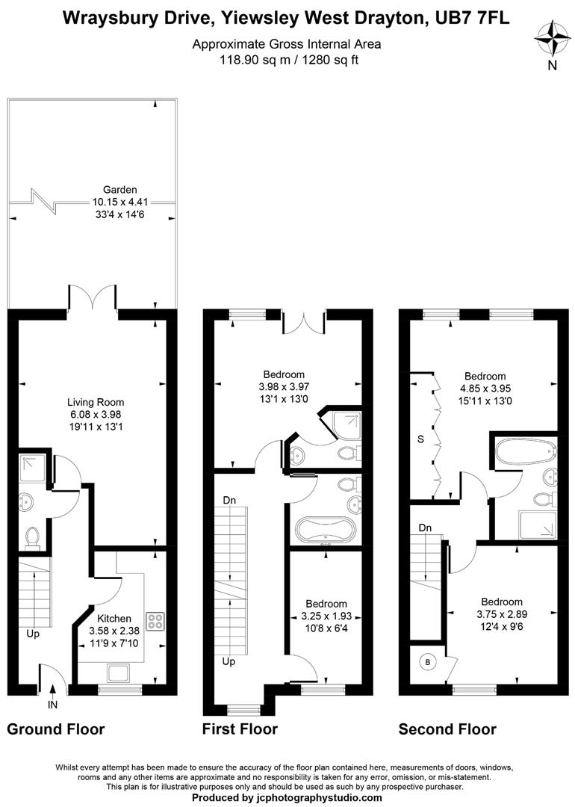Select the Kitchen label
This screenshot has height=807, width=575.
[114, 619]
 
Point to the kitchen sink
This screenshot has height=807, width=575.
[119, 673]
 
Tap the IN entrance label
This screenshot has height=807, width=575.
[52, 703]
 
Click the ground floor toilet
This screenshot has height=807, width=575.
[32, 536]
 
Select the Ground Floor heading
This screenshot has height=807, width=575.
[56, 729]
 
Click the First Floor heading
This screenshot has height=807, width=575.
[240, 729]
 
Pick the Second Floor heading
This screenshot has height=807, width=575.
[447, 729]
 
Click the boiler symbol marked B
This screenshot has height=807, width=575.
[429, 662]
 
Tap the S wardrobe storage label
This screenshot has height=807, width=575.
[420, 439]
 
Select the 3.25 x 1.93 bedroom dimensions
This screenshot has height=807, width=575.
[326, 616]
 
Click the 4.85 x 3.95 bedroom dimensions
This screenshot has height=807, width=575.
[485, 389]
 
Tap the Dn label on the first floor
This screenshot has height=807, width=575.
[229, 500]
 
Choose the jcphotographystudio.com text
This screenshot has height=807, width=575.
[313, 798]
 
